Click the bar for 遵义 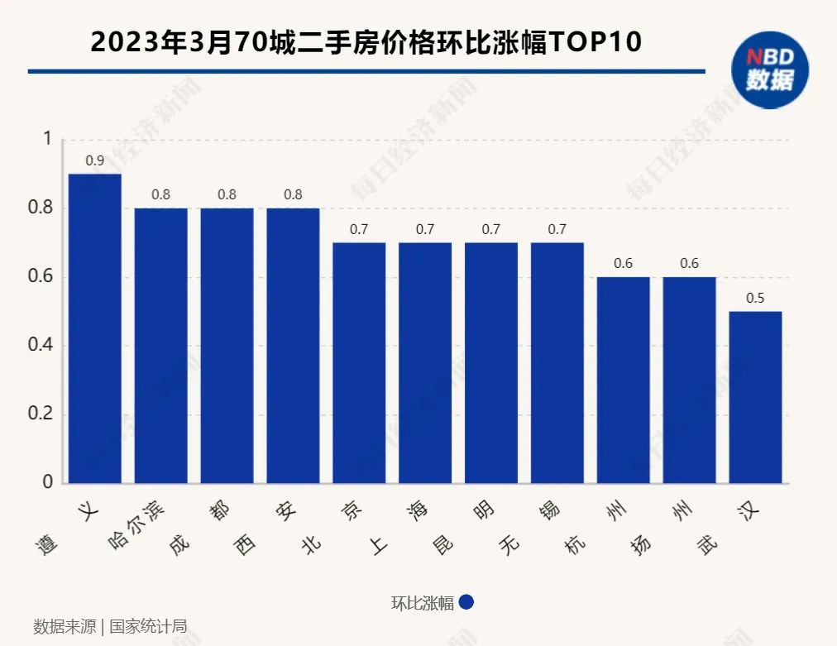tap(94, 328)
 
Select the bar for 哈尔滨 tap(160, 345)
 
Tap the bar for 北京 tap(359, 362)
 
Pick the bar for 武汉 tap(755, 397)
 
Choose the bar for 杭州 tap(623, 380)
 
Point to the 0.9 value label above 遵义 tap(94, 160)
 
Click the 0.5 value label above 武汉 tap(755, 298)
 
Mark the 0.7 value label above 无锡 tap(557, 229)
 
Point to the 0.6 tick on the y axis tap(41, 276)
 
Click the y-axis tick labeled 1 tap(47, 139)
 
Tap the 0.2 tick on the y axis tap(41, 414)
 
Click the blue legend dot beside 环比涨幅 tap(466, 602)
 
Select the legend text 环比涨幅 tap(422, 603)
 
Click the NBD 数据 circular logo tap(769, 69)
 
